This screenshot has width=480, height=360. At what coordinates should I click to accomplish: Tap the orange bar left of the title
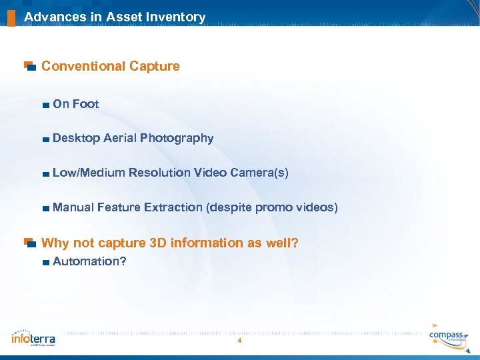[11, 17]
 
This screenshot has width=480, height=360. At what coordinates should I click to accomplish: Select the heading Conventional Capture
[111, 66]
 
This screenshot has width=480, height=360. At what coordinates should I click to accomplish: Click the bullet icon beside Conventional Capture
[29, 66]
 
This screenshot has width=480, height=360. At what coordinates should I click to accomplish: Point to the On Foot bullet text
[75, 104]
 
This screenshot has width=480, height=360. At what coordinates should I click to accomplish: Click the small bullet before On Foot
[45, 105]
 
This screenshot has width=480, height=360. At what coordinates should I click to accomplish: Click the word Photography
[177, 138]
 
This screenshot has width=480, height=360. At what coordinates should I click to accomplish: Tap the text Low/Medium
[88, 173]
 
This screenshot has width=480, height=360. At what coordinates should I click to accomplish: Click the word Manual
[73, 207]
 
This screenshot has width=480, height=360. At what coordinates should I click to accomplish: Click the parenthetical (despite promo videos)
[273, 207]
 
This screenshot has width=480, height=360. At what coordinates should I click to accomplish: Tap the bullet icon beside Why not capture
[29, 243]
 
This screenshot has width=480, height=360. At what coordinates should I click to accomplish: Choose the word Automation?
[89, 261]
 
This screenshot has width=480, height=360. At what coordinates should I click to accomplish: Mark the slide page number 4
[239, 341]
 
